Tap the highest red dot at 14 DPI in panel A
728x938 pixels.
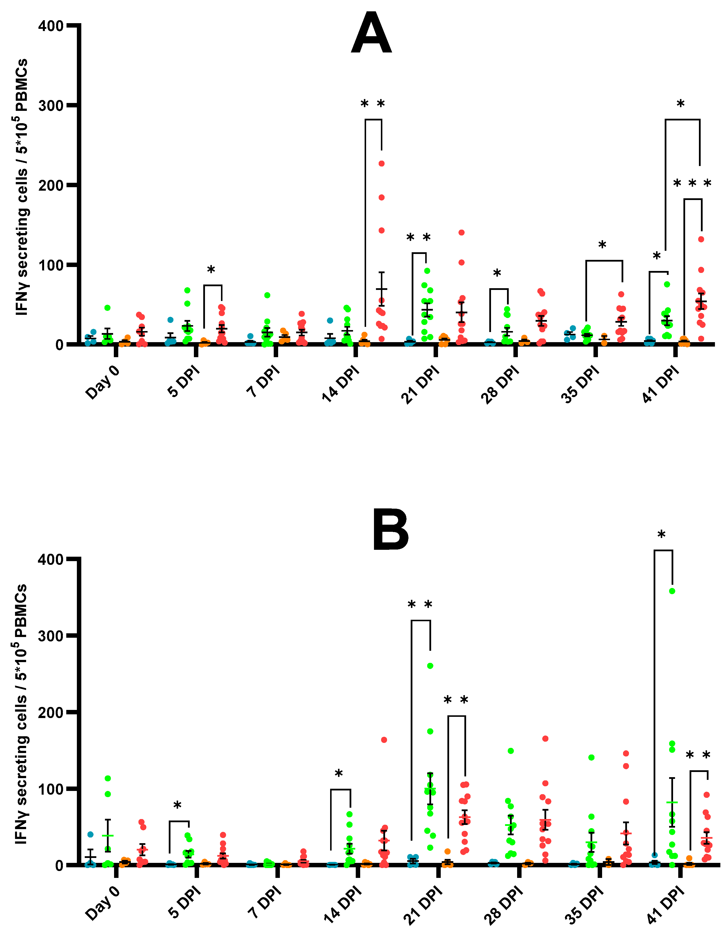coord(381,164)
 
